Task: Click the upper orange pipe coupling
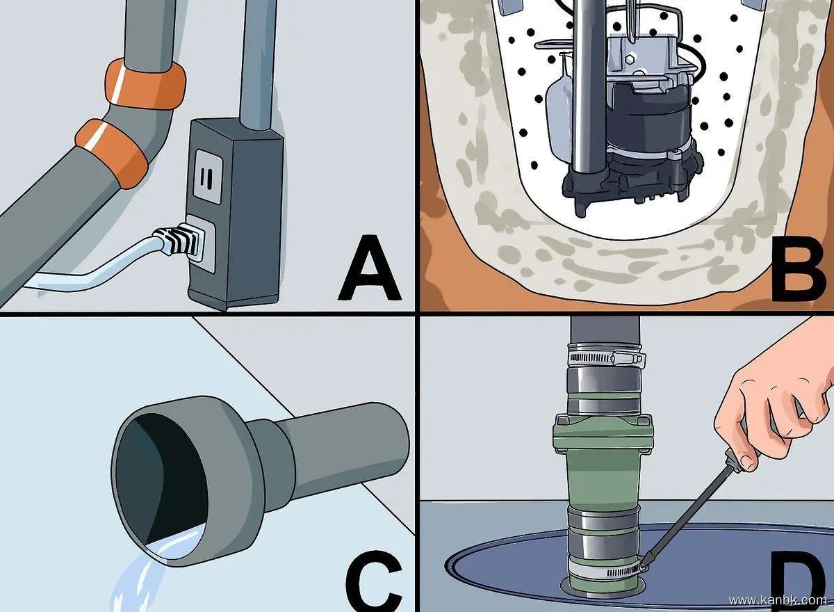click(145, 84)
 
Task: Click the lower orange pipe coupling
click(112, 153)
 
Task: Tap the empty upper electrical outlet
click(208, 177)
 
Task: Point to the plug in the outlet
click(179, 241)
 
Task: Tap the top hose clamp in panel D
click(606, 357)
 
